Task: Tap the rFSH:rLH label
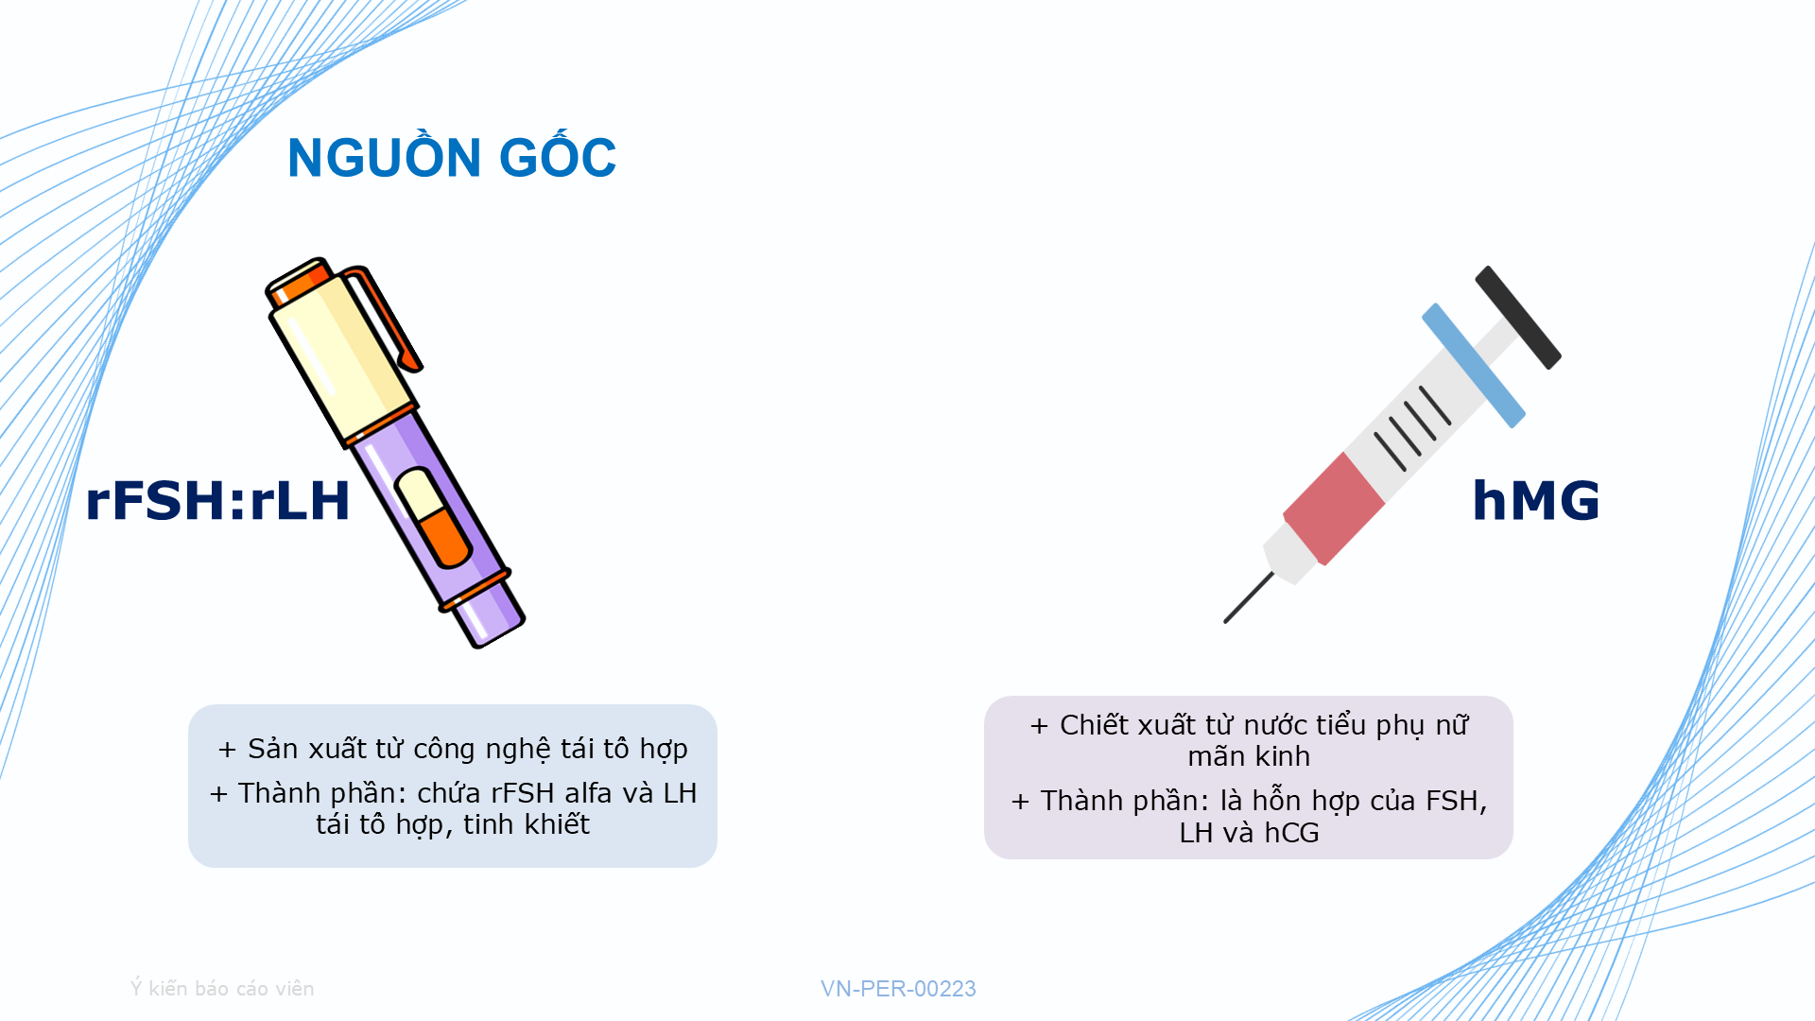[218, 500]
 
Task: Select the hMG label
[1536, 500]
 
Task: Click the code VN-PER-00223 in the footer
[898, 989]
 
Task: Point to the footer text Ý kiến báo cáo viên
[222, 988]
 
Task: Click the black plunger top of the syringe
[1518, 318]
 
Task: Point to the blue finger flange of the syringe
[1474, 365]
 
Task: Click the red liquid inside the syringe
[1334, 509]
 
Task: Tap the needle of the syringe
[1249, 597]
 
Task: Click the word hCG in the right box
[1291, 833]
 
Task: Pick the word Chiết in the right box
[1094, 725]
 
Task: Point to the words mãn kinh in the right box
[1249, 756]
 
